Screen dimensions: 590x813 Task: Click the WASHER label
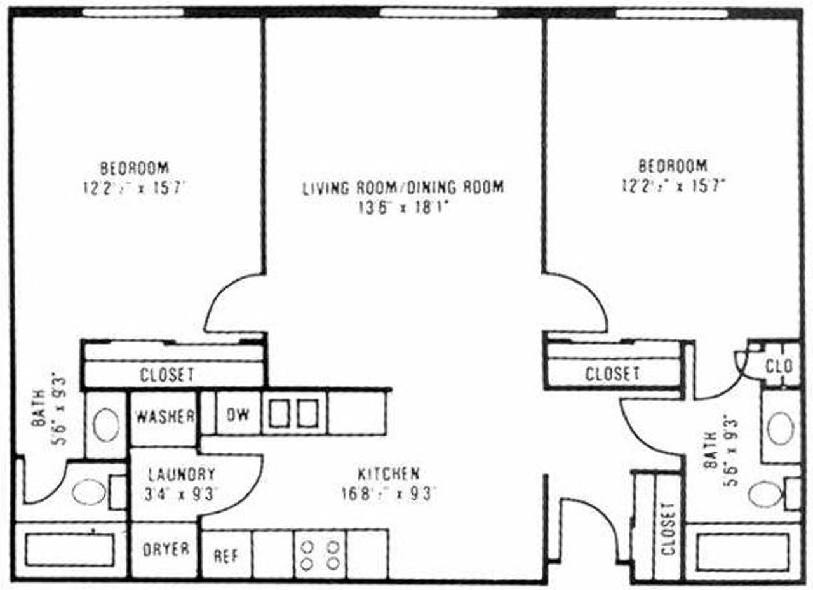pos(165,417)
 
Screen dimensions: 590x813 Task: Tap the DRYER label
pos(165,549)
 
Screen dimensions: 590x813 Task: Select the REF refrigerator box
pos(226,555)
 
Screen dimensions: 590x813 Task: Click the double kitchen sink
pos(293,413)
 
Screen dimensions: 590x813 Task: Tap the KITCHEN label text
pos(388,474)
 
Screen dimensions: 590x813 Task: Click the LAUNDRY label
pos(182,474)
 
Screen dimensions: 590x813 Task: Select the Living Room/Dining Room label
pos(403,187)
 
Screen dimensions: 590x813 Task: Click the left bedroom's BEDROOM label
pos(135,168)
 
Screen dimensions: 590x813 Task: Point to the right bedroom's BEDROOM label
pos(673,166)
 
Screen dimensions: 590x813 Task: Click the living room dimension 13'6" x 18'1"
pos(403,208)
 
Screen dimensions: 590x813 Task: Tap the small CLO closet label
pos(779,366)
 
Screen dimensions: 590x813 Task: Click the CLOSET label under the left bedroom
pos(167,375)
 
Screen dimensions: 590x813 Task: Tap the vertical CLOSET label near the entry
pos(668,528)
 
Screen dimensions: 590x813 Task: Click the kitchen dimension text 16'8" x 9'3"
pos(388,493)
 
